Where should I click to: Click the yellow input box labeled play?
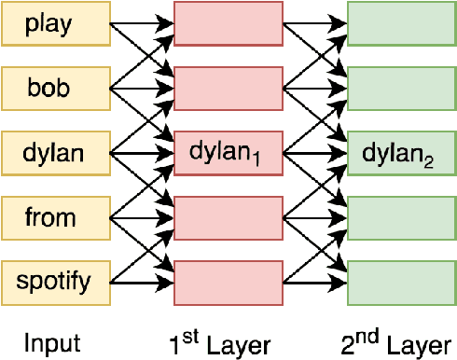(55, 24)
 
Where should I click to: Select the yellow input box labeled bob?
(55, 88)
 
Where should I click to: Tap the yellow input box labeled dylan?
(55, 151)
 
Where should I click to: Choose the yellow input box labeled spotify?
(55, 279)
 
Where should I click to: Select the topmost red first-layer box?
(228, 24)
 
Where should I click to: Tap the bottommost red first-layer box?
(228, 279)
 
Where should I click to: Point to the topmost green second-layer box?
(401, 24)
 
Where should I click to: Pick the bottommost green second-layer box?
(401, 279)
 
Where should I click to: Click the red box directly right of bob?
(228, 88)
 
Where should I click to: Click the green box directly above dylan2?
(401, 88)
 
